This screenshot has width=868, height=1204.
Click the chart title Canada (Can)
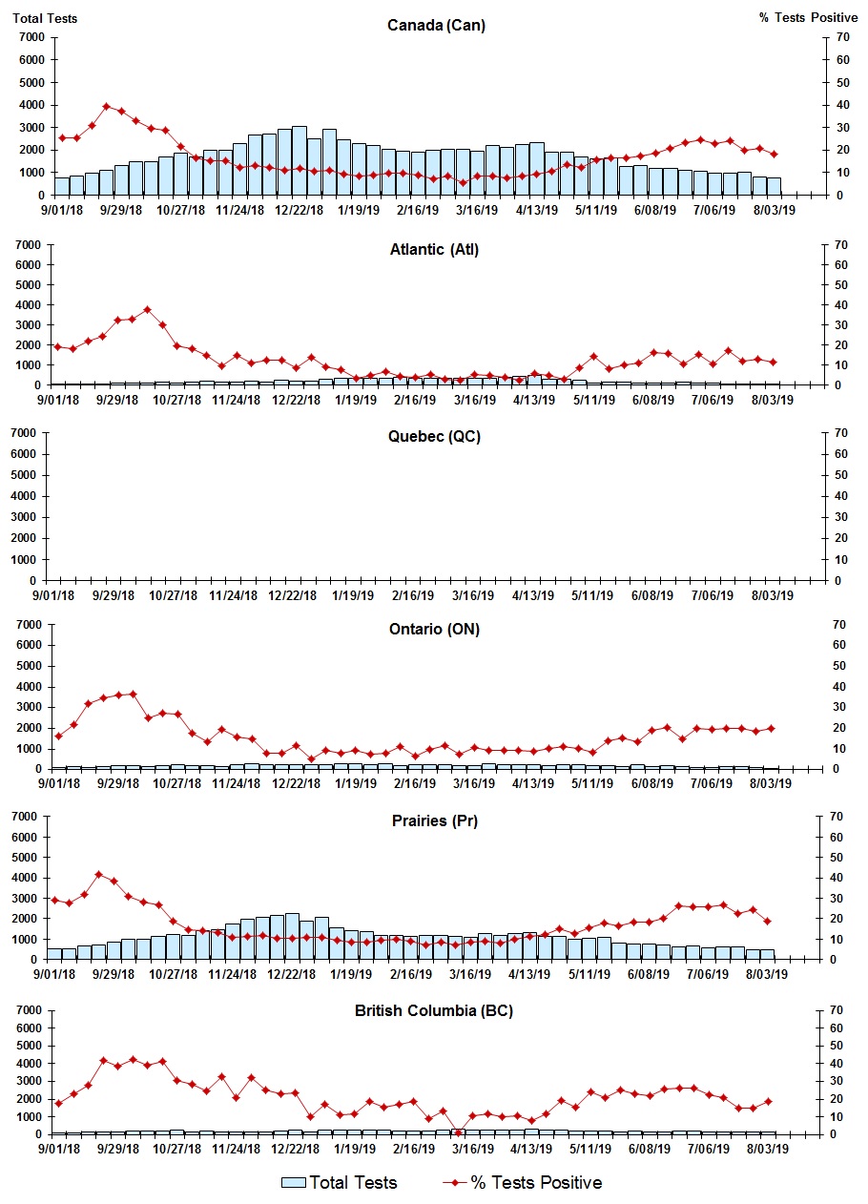coord(436,25)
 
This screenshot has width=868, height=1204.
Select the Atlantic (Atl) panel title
coord(434,250)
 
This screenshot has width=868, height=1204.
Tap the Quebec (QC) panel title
coord(434,436)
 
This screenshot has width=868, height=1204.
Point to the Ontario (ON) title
coord(434,629)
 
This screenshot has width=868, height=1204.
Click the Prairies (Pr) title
coord(434,820)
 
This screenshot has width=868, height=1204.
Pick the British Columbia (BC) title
coord(434,1010)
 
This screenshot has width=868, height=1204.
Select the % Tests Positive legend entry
coord(522,1183)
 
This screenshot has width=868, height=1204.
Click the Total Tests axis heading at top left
coord(45,18)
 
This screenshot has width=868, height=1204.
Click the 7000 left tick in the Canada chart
coord(31,37)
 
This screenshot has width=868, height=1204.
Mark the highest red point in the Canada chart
coord(107,106)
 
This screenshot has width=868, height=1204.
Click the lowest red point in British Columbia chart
coord(459,1132)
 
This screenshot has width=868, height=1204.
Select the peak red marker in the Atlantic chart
coord(147,309)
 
